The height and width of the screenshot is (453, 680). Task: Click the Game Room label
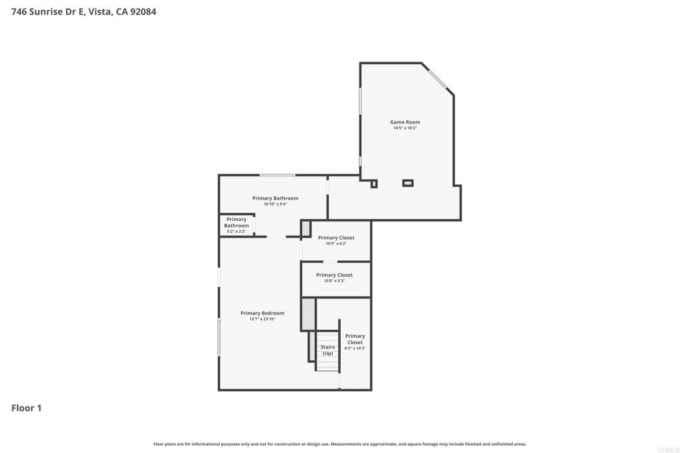404,122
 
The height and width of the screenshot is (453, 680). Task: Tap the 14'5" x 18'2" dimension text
404,128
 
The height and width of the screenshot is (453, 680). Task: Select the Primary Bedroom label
262,313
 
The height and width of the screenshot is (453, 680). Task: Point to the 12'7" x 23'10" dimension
262,319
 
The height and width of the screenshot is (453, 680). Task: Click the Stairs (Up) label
327,350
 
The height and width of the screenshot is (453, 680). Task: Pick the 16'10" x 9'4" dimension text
276,204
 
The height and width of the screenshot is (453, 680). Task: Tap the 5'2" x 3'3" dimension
236,231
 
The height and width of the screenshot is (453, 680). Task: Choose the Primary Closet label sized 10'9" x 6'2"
336,237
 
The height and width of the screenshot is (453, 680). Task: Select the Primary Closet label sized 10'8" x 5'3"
335,275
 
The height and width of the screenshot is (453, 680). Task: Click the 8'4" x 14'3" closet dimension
355,348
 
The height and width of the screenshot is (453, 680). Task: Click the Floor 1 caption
27,408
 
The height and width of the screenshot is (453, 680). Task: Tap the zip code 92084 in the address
143,12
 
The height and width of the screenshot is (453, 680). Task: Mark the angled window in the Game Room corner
438,80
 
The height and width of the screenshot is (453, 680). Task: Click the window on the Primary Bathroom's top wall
278,175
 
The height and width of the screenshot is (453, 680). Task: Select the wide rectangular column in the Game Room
408,183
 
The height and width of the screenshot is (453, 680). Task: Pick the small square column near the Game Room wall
374,184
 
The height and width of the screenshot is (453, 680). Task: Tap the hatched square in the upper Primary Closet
306,229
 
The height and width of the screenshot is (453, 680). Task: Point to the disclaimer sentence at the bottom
339,444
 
